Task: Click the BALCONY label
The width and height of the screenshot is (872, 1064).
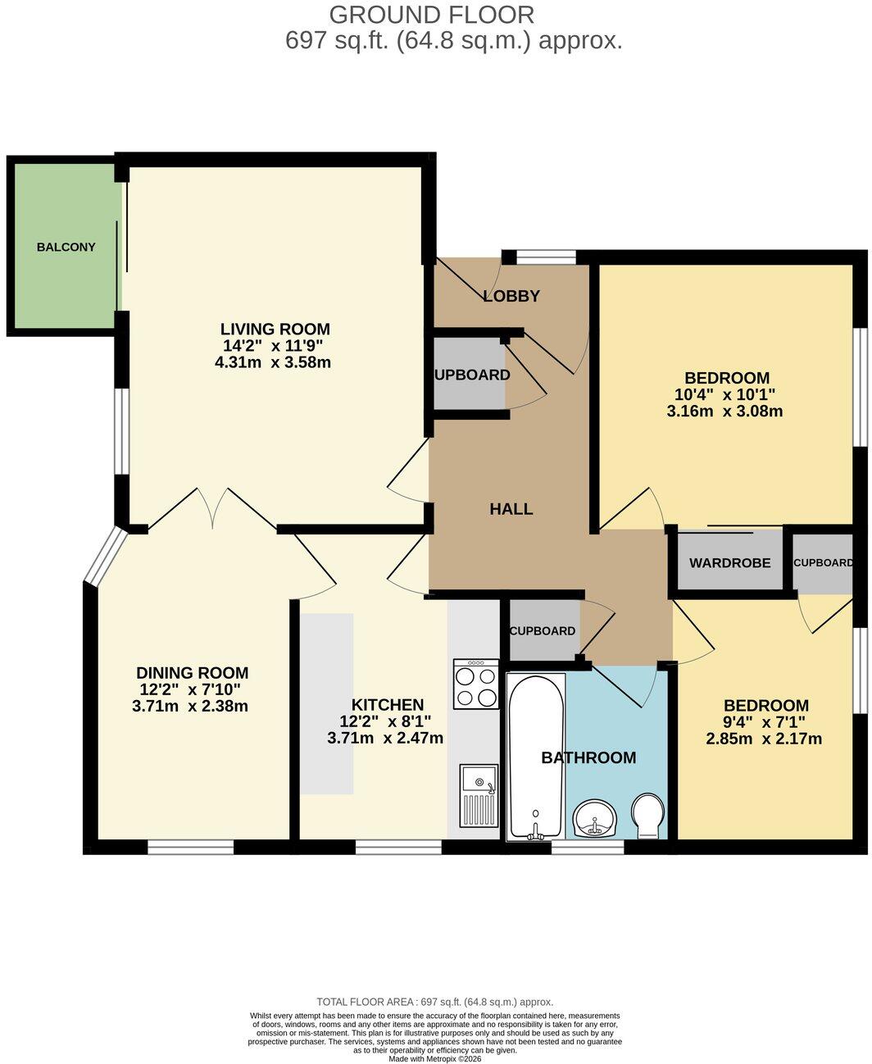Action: point(66,247)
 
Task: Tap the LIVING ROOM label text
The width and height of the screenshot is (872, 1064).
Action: point(276,330)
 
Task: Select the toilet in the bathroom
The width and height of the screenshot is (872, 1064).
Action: point(647,815)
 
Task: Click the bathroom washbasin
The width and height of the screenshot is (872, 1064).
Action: point(595,818)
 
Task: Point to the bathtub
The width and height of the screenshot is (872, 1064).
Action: point(536,757)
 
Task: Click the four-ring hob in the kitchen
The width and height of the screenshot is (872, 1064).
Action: point(475,684)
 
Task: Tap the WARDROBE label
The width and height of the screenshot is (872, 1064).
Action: point(729,563)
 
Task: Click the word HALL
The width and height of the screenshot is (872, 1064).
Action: point(511,509)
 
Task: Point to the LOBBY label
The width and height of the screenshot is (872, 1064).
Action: point(511,296)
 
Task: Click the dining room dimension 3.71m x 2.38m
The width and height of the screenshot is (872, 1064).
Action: point(190,706)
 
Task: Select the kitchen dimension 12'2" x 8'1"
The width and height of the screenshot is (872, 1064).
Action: point(385,721)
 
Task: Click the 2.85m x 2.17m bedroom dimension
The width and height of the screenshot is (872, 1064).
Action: point(764,739)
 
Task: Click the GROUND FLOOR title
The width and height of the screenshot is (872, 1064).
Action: point(431,14)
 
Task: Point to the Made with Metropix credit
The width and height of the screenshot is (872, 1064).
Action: point(434,1058)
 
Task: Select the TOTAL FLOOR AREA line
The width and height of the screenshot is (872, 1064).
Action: point(434,1002)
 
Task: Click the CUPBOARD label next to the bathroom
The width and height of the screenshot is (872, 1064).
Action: point(542,631)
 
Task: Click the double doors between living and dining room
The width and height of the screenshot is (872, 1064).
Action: point(213,510)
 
